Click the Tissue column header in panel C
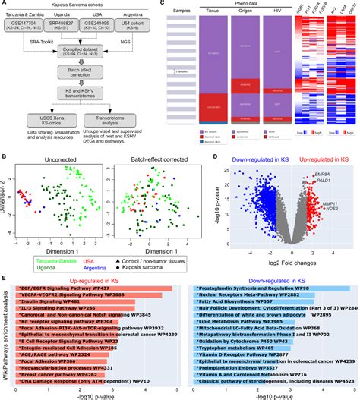click(x=246, y=21)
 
